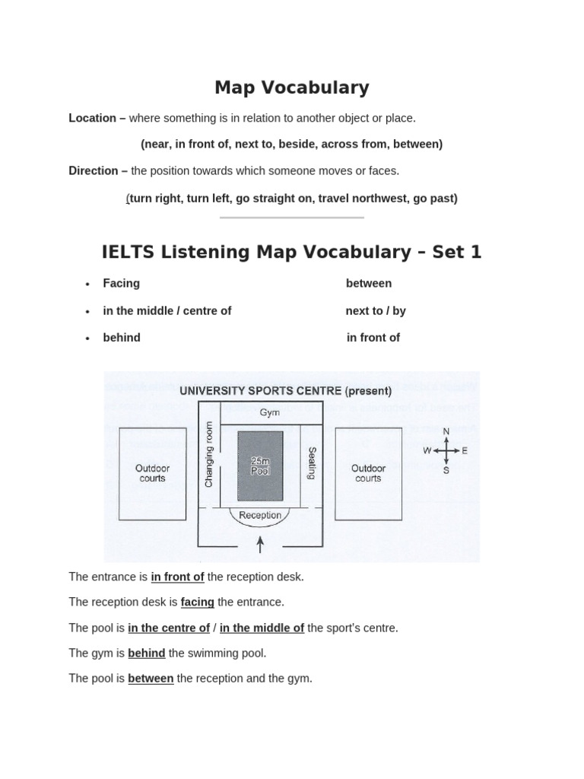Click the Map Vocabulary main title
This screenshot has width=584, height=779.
pyautogui.click(x=291, y=87)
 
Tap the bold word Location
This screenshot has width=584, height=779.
pyautogui.click(x=93, y=118)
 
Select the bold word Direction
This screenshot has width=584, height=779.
pyautogui.click(x=94, y=170)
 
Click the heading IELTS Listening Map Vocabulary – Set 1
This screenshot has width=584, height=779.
pyautogui.click(x=291, y=252)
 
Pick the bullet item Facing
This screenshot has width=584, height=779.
pyautogui.click(x=122, y=283)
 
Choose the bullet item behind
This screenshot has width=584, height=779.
pyautogui.click(x=122, y=337)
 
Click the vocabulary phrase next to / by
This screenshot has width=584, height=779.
pyautogui.click(x=376, y=310)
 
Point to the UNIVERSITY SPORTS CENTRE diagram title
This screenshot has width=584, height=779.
pyautogui.click(x=285, y=391)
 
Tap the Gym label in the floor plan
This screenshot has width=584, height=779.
pyautogui.click(x=270, y=412)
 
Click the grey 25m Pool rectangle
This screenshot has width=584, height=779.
pyautogui.click(x=260, y=466)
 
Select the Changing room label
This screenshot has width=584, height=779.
pyautogui.click(x=209, y=455)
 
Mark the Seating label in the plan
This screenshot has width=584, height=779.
pyautogui.click(x=311, y=463)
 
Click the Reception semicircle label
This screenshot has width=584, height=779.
pyautogui.click(x=260, y=515)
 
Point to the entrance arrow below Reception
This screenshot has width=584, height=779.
pyautogui.click(x=261, y=544)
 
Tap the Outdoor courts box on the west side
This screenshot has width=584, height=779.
pyautogui.click(x=152, y=473)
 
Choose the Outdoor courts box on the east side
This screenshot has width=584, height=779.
pyautogui.click(x=368, y=473)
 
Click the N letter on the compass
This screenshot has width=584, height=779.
pyautogui.click(x=446, y=432)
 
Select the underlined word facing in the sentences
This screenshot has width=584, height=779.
pyautogui.click(x=197, y=602)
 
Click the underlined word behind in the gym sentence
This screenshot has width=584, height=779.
pyautogui.click(x=147, y=653)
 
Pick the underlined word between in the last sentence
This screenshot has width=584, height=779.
pyautogui.click(x=151, y=678)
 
